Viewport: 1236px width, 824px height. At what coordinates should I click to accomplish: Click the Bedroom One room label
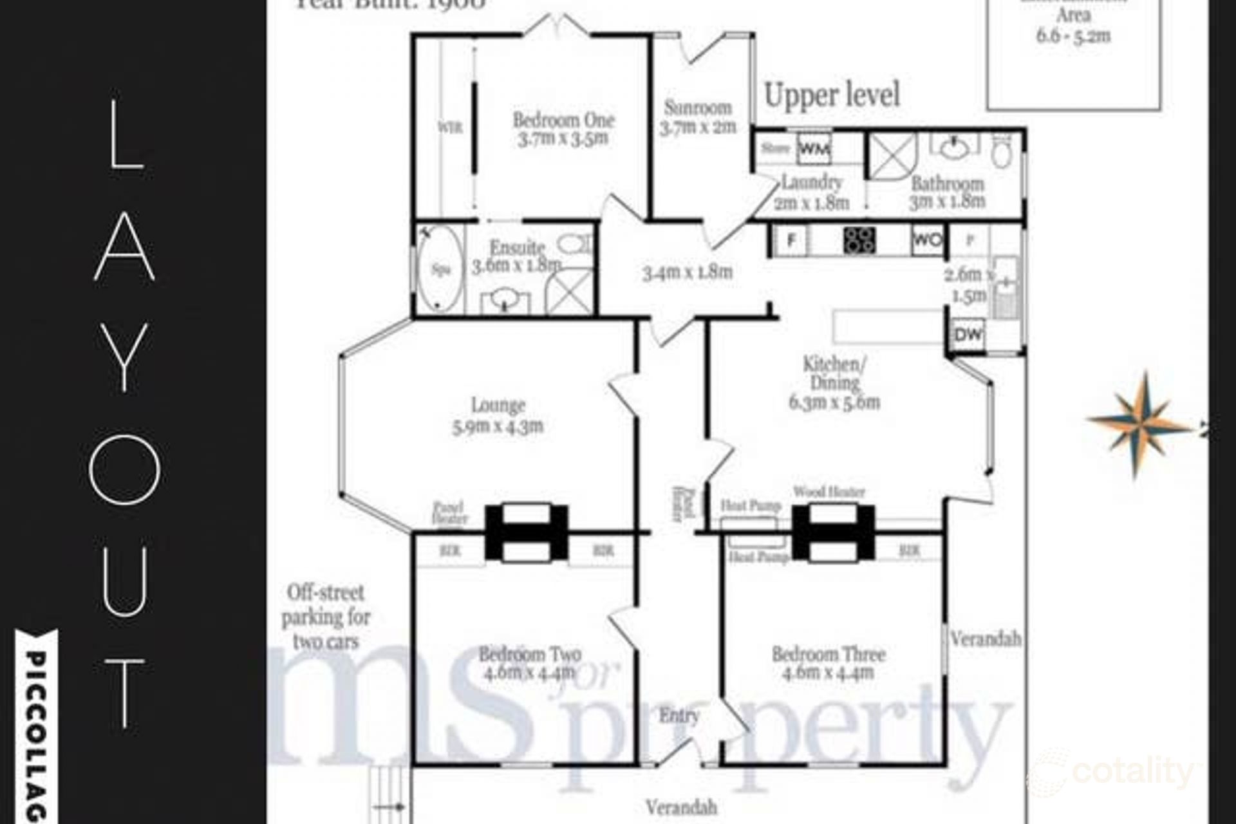coord(563,120)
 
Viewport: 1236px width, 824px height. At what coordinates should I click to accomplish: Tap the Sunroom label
coord(698,108)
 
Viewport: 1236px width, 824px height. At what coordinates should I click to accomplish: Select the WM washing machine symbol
coord(814,150)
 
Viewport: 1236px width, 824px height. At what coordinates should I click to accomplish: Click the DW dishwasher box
coord(968,335)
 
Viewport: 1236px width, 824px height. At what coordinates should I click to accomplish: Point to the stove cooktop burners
coord(860,239)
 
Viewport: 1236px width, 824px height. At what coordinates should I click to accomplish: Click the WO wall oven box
coord(928,240)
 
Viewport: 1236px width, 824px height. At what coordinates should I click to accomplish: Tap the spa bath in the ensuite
coord(440,269)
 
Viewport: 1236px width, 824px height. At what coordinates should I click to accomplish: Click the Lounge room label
coord(498,406)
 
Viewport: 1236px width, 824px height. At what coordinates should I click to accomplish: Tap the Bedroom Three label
coord(829,655)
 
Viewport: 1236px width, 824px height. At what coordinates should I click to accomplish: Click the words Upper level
coord(832,96)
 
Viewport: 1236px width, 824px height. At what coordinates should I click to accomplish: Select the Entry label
coord(679,715)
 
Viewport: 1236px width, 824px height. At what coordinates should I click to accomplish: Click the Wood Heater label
coord(829,492)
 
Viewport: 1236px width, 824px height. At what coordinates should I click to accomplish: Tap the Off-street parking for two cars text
coord(326,616)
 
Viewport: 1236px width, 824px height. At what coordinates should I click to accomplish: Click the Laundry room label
coord(812,183)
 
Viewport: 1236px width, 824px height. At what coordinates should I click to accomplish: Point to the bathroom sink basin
coord(954,149)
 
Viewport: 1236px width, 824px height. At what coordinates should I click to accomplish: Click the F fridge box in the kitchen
coord(791,240)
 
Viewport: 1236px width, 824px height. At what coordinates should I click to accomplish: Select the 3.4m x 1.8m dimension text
coord(688,272)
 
